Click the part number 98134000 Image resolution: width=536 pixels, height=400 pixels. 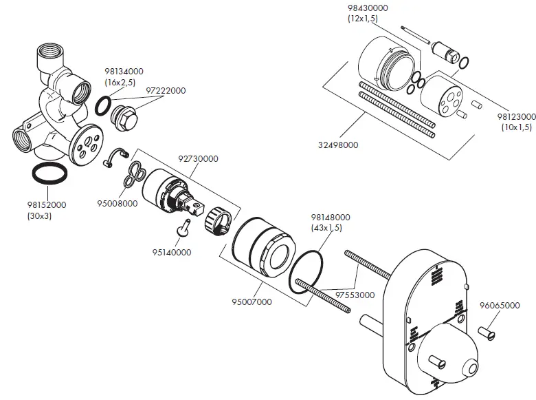124,71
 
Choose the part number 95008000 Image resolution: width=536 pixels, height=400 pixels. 117,203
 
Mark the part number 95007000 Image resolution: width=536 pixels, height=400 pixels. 252,302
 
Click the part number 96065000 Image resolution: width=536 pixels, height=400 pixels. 499,305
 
